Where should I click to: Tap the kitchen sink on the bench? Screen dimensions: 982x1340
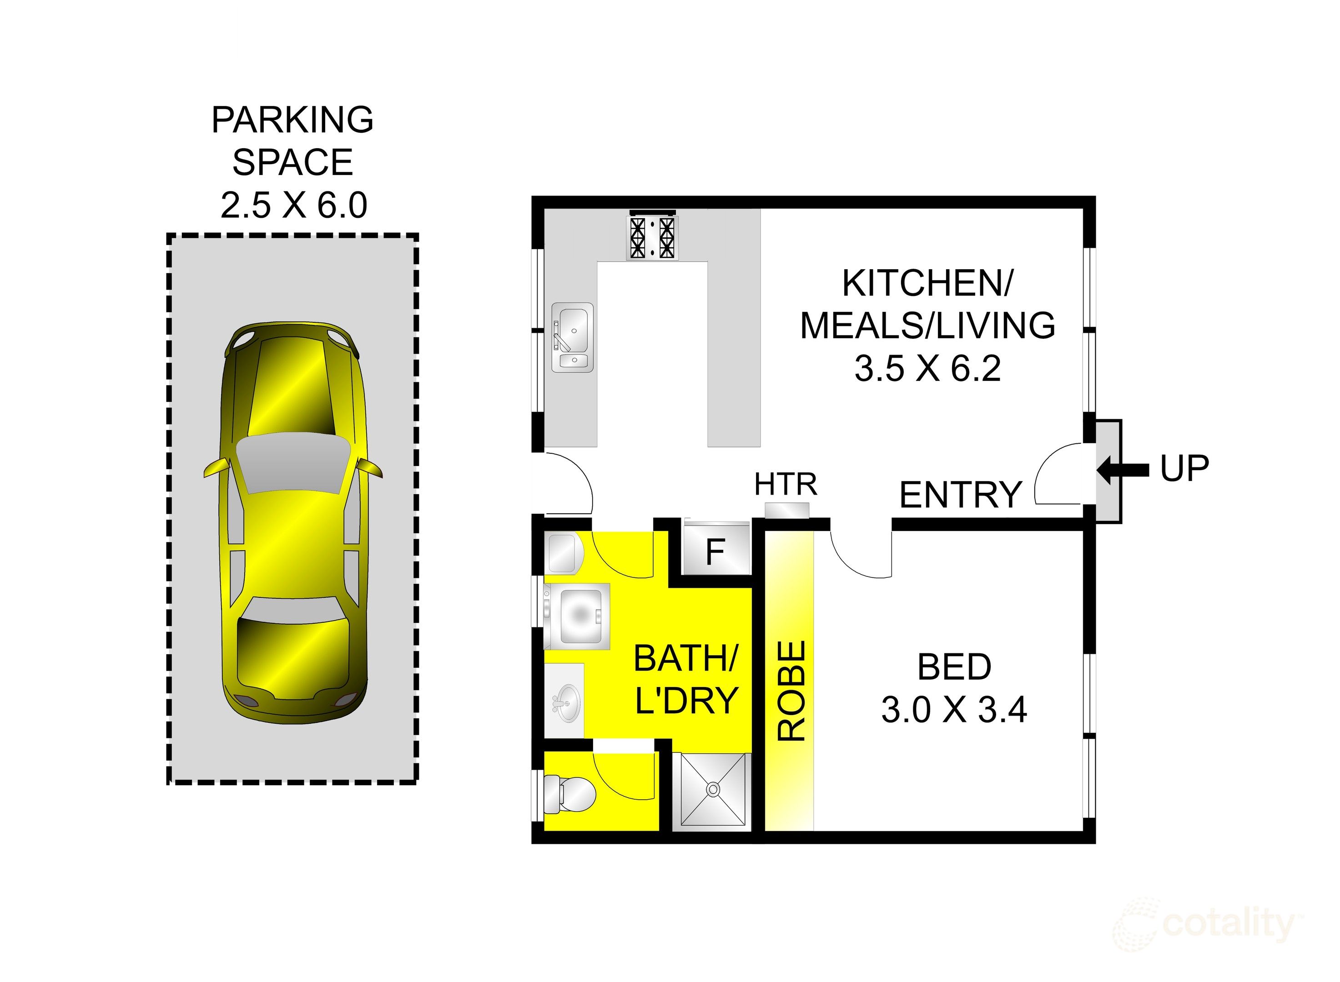pos(572,337)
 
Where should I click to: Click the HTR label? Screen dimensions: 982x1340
pos(785,485)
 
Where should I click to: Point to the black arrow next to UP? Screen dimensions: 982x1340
pos(1122,470)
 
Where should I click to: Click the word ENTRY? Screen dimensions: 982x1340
pos(960,495)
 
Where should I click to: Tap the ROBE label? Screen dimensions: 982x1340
pos(791,690)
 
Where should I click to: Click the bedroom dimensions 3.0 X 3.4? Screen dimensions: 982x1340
pos(953,710)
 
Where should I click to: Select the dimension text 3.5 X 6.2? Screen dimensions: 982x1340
pos(927,369)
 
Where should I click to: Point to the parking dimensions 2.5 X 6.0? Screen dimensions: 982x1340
pos(293,205)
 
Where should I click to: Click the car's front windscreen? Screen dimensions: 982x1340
pos(292,464)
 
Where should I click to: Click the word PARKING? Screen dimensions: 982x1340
pos(292,120)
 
